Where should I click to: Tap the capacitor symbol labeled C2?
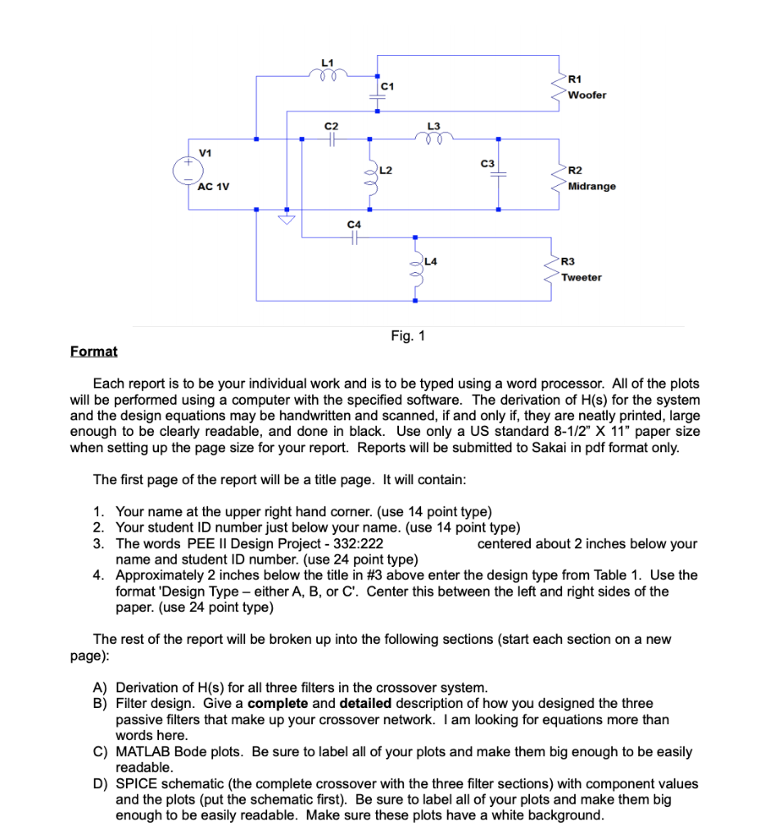click(330, 139)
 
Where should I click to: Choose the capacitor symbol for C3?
click(498, 175)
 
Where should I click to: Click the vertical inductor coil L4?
click(416, 270)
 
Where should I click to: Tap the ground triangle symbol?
click(287, 220)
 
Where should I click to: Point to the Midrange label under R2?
click(591, 186)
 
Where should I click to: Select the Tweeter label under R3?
click(582, 277)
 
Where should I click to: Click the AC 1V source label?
click(214, 186)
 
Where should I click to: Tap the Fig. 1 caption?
click(408, 336)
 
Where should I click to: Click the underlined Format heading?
click(93, 351)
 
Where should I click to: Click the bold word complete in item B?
click(277, 704)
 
